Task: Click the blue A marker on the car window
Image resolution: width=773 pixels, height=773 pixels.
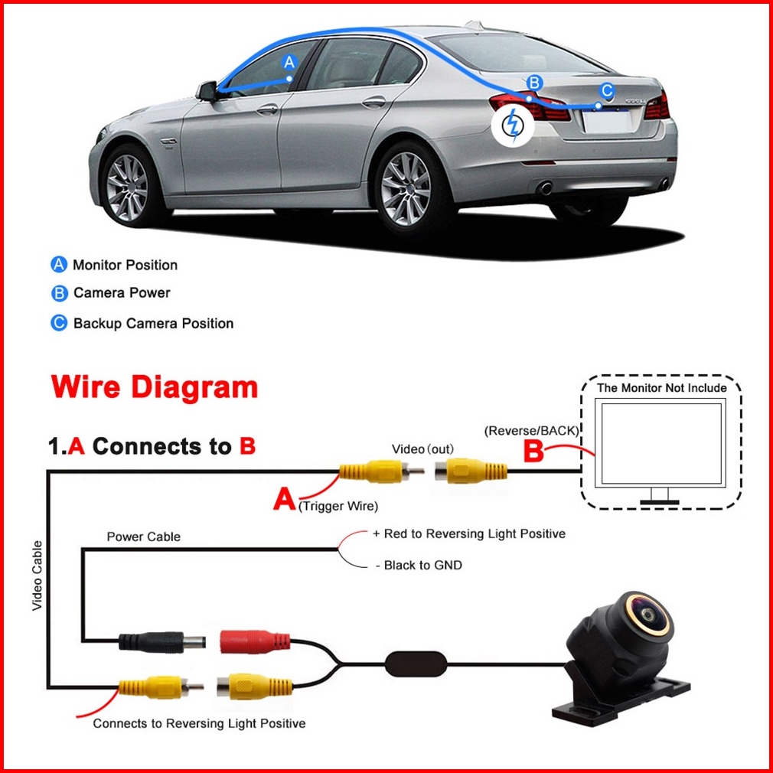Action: coord(289,62)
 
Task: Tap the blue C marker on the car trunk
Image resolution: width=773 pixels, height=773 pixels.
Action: coord(607,91)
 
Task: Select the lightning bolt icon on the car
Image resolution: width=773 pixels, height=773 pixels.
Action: coord(513,125)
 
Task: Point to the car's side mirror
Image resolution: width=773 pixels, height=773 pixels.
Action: coord(207,91)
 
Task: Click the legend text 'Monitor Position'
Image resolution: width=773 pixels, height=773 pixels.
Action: coord(126,265)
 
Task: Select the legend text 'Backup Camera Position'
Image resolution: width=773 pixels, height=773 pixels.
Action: coord(153,324)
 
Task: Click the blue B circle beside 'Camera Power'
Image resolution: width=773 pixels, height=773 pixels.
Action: coord(59,293)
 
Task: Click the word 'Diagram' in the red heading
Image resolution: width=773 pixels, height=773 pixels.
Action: coord(194,387)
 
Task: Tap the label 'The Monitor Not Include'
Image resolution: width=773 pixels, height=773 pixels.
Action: coord(661,388)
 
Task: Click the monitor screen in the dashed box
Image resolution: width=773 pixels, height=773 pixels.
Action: coord(660,443)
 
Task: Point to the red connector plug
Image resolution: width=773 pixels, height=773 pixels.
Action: coord(255,642)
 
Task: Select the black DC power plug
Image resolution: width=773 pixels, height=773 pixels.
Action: coord(163,643)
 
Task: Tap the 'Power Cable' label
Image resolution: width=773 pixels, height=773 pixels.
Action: coord(143,537)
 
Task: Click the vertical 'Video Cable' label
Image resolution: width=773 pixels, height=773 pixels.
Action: coord(37,576)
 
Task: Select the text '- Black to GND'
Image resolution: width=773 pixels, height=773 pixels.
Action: coord(419,565)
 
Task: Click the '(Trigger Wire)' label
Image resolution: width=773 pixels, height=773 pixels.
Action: coord(338,506)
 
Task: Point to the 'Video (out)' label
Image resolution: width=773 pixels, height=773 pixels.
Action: coord(422,449)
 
